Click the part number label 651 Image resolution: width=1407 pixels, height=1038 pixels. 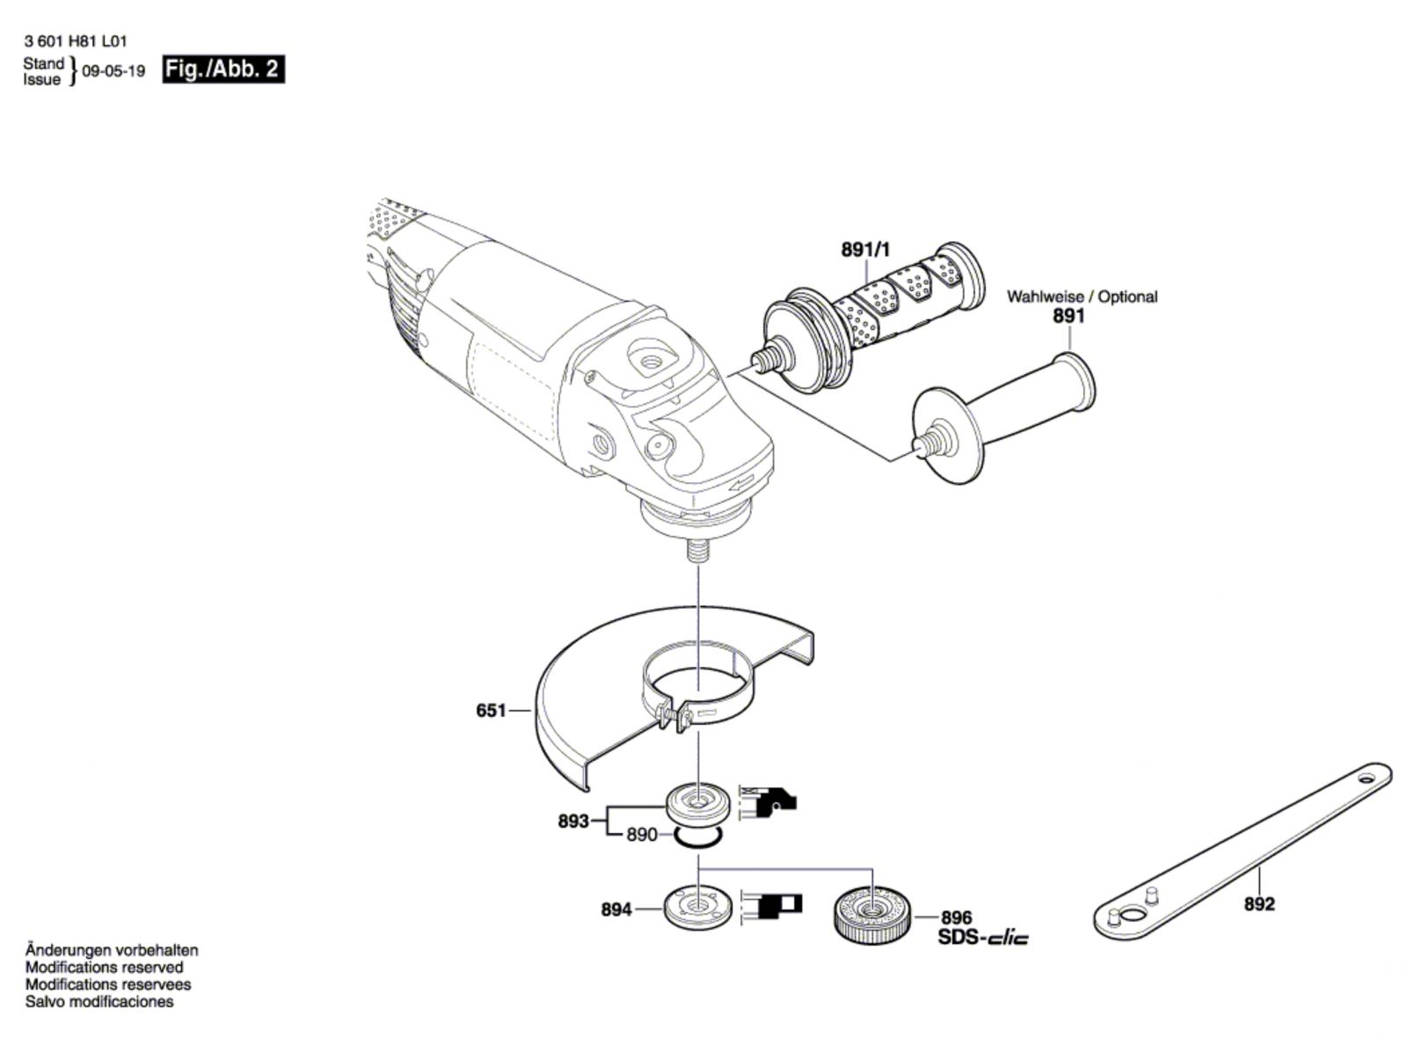(492, 709)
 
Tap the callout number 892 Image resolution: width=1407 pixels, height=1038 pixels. (1259, 903)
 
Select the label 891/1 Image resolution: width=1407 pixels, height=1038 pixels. (865, 250)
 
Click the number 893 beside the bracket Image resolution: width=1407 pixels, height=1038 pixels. (573, 822)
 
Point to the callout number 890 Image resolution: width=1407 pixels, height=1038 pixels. (642, 834)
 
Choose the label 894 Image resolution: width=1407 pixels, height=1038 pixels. (616, 910)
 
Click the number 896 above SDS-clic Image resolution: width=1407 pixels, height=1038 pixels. (957, 917)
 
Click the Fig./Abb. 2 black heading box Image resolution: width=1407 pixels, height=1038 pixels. (223, 69)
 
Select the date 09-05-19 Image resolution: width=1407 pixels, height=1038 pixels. (113, 71)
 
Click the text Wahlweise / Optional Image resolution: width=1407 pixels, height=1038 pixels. (1082, 296)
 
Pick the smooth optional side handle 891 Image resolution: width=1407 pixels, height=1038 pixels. (1002, 413)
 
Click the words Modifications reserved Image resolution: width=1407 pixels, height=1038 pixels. (105, 968)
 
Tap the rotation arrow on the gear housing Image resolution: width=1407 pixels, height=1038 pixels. (741, 482)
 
